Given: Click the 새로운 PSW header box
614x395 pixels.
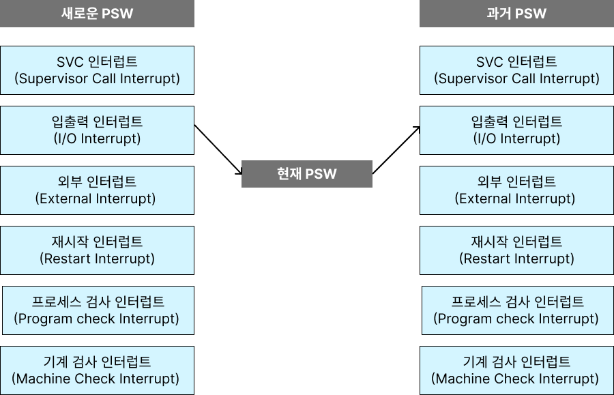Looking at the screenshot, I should click(x=97, y=14).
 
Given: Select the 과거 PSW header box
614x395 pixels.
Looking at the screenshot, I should click(x=516, y=14).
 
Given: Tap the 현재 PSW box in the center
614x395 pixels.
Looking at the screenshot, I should click(x=307, y=174).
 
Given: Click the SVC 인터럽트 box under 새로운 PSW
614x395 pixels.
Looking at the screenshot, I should click(x=97, y=70).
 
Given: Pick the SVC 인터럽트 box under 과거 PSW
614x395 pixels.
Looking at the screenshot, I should click(x=516, y=70).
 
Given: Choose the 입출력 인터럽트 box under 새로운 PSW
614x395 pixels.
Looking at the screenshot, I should click(x=97, y=130).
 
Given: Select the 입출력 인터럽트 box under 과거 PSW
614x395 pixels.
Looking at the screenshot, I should click(x=516, y=130).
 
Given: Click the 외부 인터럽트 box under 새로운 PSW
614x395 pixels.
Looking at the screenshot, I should click(x=97, y=190).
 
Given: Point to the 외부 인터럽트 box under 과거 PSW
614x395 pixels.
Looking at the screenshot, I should click(x=516, y=190).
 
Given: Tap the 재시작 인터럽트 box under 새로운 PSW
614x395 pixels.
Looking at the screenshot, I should click(x=97, y=250).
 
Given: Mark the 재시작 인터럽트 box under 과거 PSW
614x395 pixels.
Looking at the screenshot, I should click(x=516, y=250).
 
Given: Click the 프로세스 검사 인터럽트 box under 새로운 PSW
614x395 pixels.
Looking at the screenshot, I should click(x=98, y=310).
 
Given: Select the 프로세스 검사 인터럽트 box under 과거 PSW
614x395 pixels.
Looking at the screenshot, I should click(x=517, y=310).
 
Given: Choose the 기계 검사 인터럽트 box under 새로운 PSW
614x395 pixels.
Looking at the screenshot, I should click(x=97, y=370).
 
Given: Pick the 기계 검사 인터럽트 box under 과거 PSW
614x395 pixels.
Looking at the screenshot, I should click(x=516, y=370).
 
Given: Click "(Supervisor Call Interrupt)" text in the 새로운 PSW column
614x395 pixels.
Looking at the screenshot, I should click(x=97, y=79).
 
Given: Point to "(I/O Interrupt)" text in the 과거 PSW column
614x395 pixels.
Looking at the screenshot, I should click(x=516, y=139).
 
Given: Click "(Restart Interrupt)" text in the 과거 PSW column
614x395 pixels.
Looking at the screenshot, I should click(x=516, y=259).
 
